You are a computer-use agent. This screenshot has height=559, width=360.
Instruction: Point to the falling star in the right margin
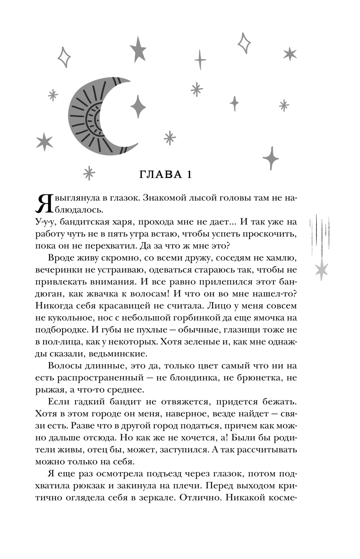pos(321,268)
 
